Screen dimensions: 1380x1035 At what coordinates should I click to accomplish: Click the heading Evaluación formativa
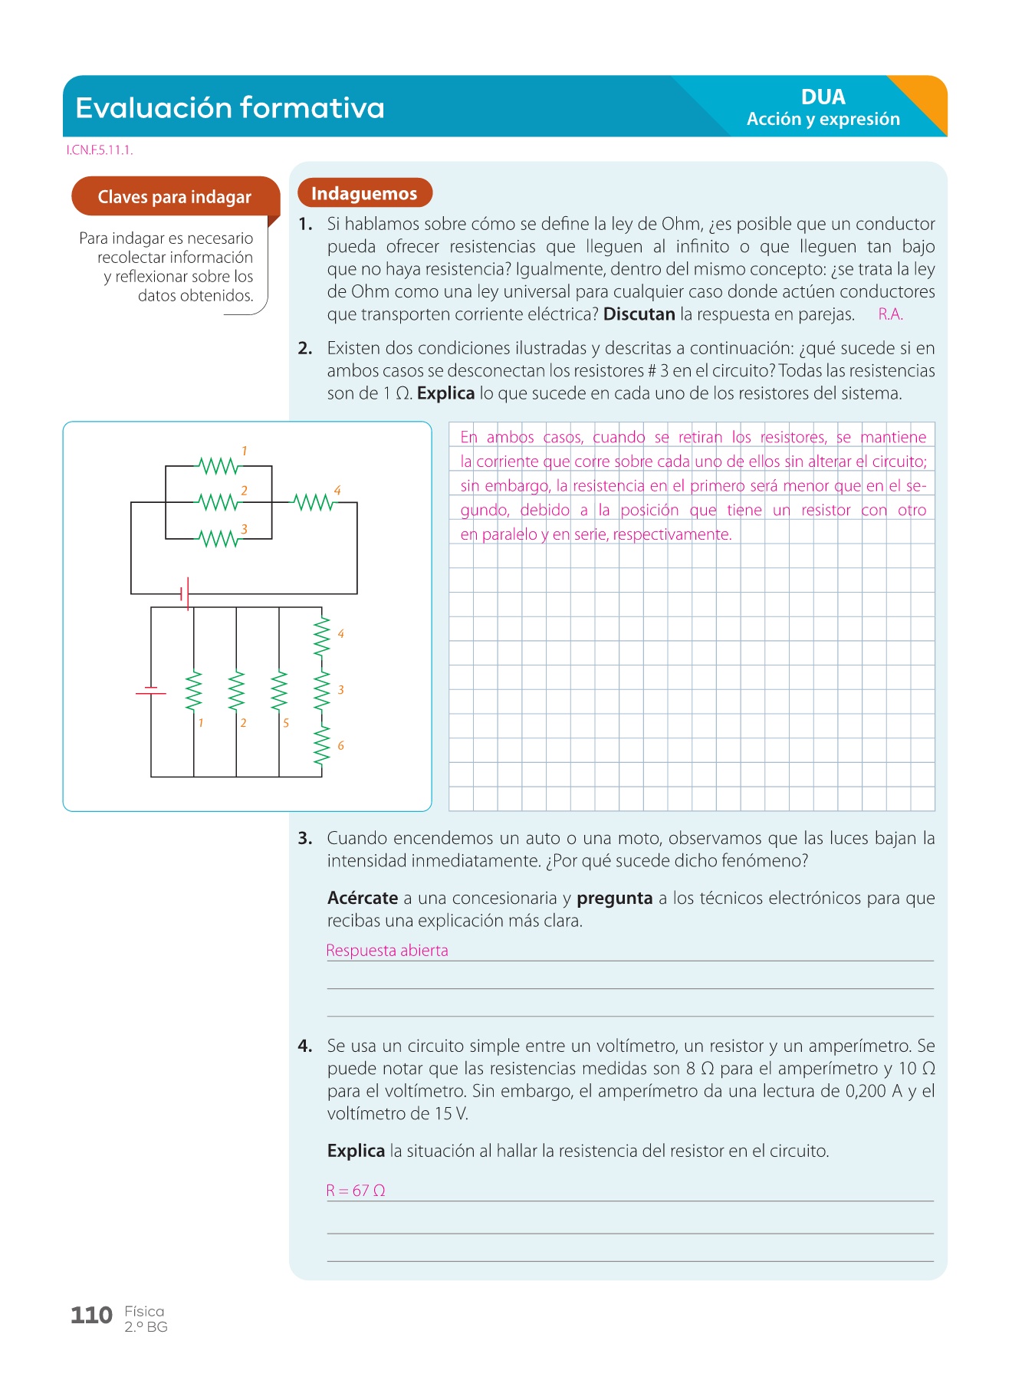[x=230, y=108]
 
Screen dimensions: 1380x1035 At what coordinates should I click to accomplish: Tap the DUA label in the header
[x=823, y=97]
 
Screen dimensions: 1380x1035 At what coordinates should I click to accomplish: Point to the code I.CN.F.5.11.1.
[x=100, y=150]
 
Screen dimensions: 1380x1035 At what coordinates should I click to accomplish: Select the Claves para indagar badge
[x=175, y=197]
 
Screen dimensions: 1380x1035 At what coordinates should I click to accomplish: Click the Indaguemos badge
[x=364, y=194]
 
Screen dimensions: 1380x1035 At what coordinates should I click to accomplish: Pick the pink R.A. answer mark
[x=890, y=314]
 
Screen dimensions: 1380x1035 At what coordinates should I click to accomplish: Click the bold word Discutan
[x=639, y=314]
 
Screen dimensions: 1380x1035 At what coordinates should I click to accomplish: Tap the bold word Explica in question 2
[x=445, y=393]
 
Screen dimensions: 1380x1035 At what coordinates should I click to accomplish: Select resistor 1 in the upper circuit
[x=219, y=465]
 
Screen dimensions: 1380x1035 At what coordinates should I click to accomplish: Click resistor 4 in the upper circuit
[x=314, y=502]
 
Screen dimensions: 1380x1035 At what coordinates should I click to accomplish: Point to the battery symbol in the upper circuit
[x=185, y=593]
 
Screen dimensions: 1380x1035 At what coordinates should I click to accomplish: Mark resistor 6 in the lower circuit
[x=322, y=745]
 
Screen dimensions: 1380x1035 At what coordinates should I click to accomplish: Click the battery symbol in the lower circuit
[x=151, y=691]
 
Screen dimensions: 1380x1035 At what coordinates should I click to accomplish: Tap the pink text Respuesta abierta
[x=387, y=951]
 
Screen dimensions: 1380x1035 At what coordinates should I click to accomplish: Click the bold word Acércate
[x=363, y=899]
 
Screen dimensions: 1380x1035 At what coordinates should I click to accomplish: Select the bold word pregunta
[x=614, y=899]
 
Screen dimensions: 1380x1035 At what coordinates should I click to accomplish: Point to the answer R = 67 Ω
[x=356, y=1191]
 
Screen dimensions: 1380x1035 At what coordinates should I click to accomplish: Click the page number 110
[x=91, y=1316]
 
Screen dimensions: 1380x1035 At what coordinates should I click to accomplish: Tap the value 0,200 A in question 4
[x=873, y=1091]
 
